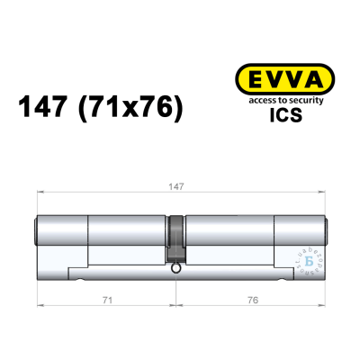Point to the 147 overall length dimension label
tap(180, 187)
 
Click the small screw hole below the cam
tap(176, 267)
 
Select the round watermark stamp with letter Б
tap(310, 262)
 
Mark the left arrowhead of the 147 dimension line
tap(37, 193)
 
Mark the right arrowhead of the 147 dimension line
tap(325, 193)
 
